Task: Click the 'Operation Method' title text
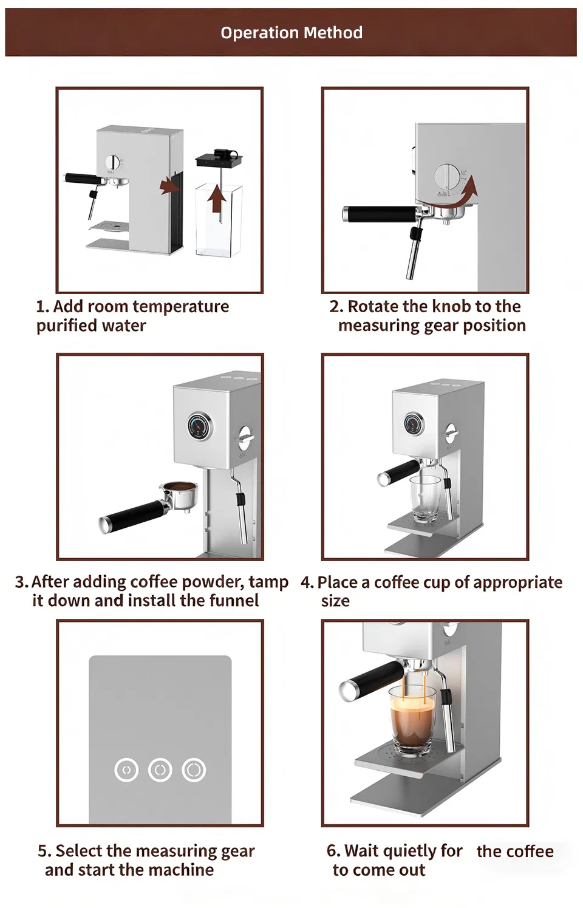pyautogui.click(x=291, y=32)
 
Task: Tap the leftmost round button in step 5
pyautogui.click(x=126, y=770)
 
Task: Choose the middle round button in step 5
pyautogui.click(x=160, y=770)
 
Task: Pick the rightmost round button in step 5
pyautogui.click(x=194, y=770)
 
